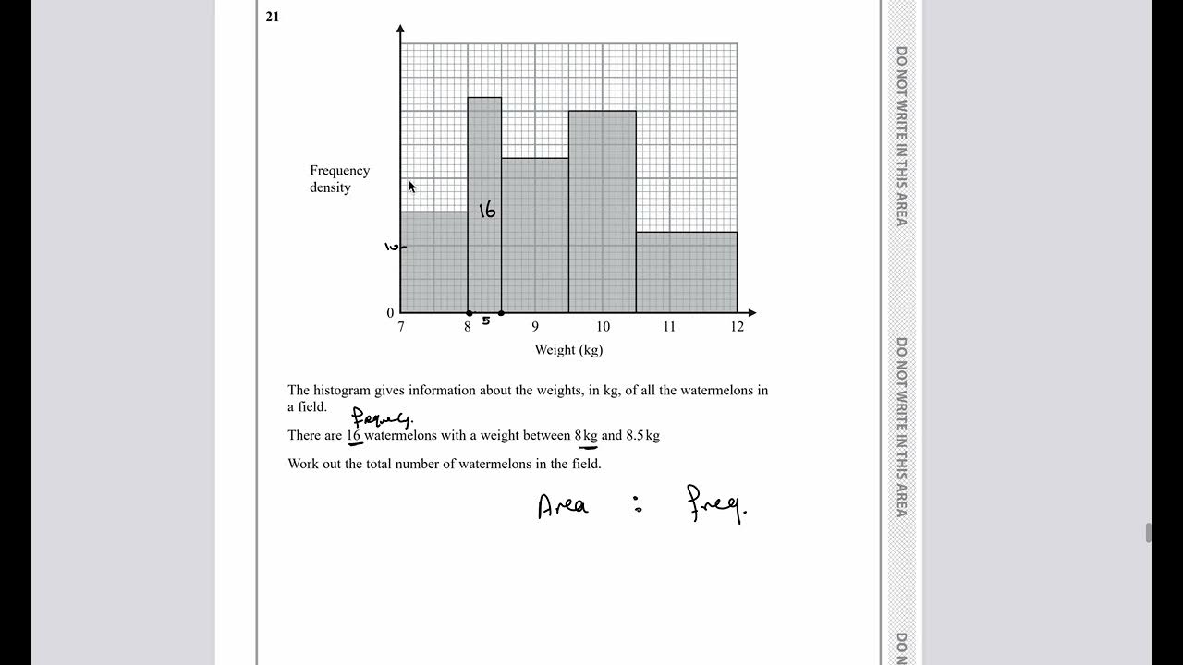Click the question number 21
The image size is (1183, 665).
click(x=272, y=17)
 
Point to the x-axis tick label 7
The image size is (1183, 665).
click(x=400, y=327)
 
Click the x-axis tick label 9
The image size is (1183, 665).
click(x=534, y=327)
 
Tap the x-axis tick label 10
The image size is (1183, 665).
click(x=603, y=327)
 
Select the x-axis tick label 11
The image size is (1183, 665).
click(x=669, y=327)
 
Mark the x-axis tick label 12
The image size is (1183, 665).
click(x=737, y=327)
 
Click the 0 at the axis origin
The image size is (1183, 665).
click(x=390, y=313)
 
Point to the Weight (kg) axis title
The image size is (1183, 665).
click(x=568, y=350)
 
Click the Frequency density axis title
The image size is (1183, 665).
click(x=339, y=179)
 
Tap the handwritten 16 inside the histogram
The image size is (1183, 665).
click(x=487, y=211)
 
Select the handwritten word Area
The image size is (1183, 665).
click(x=563, y=506)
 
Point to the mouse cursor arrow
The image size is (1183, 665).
click(x=412, y=187)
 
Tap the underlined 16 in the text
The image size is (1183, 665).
click(x=353, y=435)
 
